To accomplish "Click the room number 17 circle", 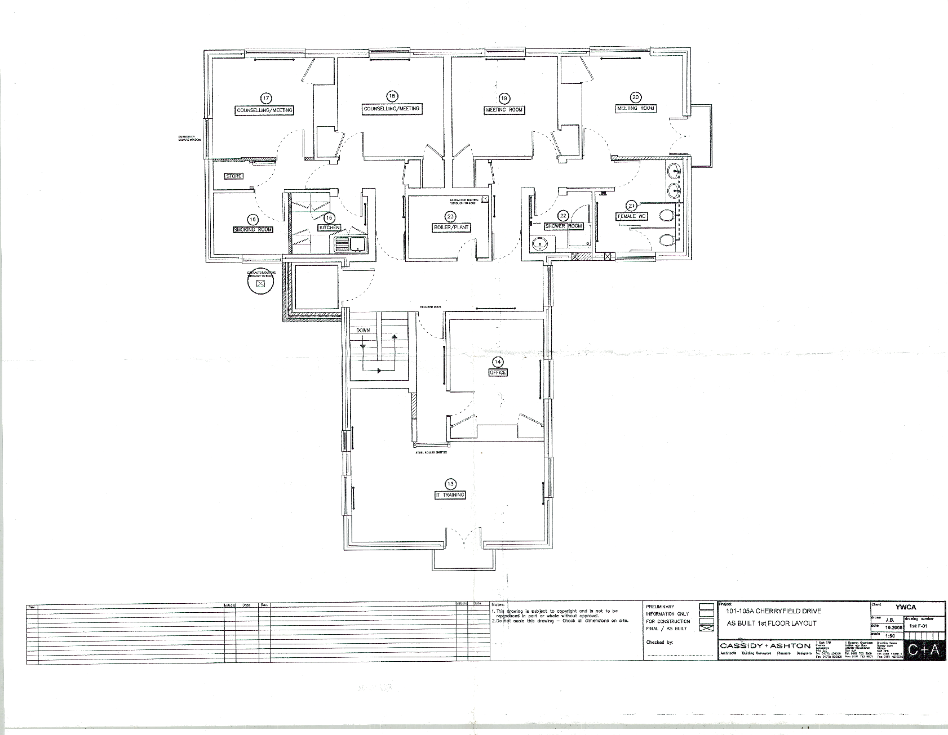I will (x=265, y=97).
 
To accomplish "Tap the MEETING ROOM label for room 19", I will (x=504, y=110).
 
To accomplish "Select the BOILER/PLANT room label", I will (x=451, y=228).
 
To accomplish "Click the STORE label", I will (x=233, y=176).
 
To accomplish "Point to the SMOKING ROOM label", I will (x=253, y=230).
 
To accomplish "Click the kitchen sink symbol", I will (x=350, y=244).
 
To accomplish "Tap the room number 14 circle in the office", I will (x=498, y=362).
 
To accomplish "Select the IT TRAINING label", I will (x=450, y=495).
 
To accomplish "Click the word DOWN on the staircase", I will (x=362, y=331).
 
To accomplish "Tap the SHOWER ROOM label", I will (x=563, y=226).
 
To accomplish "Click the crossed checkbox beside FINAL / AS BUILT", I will (x=706, y=628).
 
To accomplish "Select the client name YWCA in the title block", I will (x=905, y=607).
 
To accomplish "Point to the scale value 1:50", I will (x=890, y=635).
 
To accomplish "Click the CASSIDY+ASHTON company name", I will (x=765, y=645).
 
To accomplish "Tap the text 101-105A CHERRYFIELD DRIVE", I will (x=765, y=611).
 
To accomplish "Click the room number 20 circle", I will (x=636, y=96).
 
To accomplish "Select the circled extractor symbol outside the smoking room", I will (x=260, y=284).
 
